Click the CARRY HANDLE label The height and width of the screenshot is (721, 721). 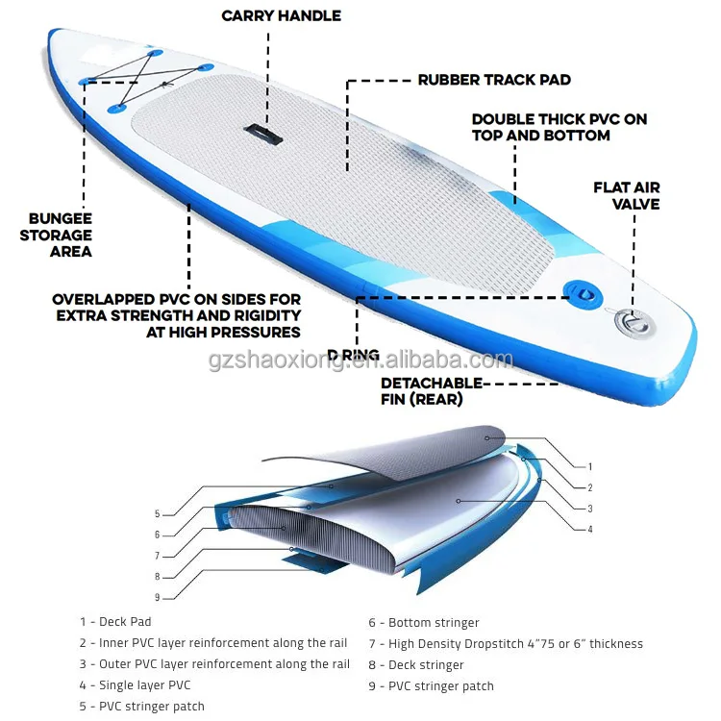[x=281, y=15]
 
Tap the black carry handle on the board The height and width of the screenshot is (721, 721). [x=261, y=131]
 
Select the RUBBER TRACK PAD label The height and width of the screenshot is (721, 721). [x=494, y=80]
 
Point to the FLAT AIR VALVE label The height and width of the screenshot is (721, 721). [x=627, y=195]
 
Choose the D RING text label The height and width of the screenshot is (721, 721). [x=353, y=356]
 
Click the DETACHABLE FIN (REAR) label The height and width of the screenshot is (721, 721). [x=432, y=390]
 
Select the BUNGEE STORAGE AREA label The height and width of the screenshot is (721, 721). [x=60, y=235]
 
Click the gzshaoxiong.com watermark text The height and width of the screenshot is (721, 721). [x=360, y=360]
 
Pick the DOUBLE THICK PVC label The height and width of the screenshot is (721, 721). [x=559, y=127]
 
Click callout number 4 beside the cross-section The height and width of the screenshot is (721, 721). [x=589, y=529]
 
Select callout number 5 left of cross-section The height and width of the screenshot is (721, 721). [x=157, y=513]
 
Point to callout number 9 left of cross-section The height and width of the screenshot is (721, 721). [x=157, y=596]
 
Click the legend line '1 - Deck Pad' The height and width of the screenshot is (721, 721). [x=115, y=622]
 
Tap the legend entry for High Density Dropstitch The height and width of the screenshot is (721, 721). [x=506, y=644]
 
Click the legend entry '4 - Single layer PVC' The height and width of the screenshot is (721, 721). [x=135, y=685]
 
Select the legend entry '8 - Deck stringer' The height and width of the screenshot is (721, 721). [x=416, y=665]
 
